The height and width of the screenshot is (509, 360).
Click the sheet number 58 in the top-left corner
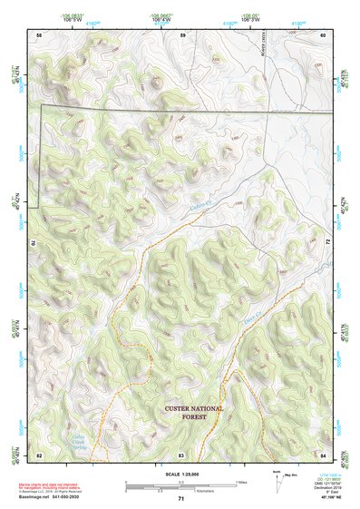tap(39, 34)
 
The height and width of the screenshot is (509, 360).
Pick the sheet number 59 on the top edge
tap(182, 34)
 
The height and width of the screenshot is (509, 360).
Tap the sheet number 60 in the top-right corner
tap(324, 34)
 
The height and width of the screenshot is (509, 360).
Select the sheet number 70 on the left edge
tap(36, 243)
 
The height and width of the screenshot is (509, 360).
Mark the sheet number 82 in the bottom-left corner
tap(39, 454)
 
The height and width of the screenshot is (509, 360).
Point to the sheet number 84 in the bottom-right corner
tap(324, 454)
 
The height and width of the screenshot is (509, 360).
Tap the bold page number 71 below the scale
tap(180, 498)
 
